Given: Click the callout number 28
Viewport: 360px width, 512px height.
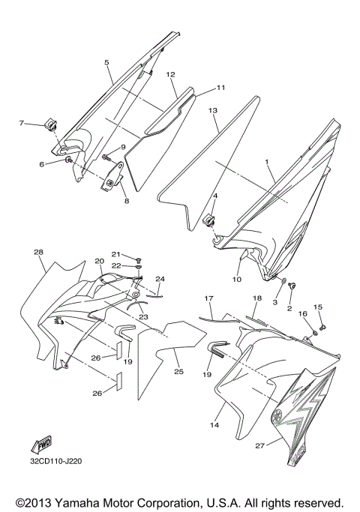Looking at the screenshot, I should click(x=38, y=253).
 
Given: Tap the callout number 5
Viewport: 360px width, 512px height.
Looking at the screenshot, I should click(x=106, y=62).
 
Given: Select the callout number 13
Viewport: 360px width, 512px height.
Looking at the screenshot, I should click(x=213, y=110).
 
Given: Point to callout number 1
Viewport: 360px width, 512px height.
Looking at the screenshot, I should click(x=265, y=162).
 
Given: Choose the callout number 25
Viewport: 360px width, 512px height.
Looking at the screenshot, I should click(x=178, y=371).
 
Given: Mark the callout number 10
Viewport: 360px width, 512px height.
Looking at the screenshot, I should click(x=237, y=280).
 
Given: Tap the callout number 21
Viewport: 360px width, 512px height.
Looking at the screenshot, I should click(x=116, y=254).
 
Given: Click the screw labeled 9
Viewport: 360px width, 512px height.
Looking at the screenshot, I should click(x=107, y=157).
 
